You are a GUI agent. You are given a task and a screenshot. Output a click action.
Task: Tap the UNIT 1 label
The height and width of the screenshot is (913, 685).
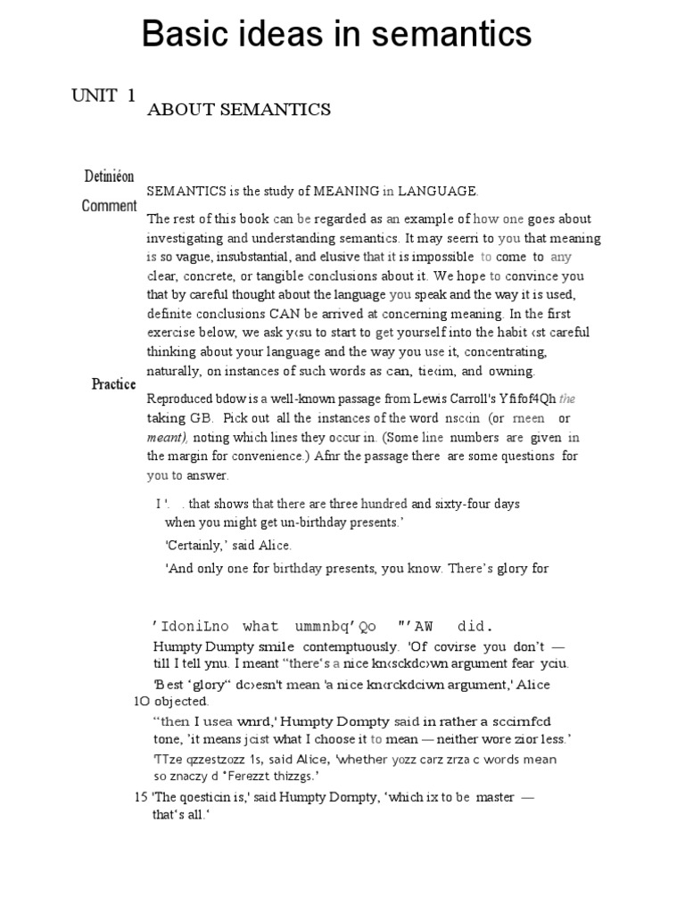[x=103, y=95]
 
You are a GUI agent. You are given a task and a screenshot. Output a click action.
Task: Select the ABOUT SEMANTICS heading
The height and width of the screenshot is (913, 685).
[x=238, y=110]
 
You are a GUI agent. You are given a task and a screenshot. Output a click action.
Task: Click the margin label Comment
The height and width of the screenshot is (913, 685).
[x=109, y=206]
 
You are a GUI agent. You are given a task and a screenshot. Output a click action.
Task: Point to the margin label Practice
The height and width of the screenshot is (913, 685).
[x=113, y=384]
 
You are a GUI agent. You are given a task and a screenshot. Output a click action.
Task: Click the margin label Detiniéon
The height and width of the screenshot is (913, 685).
[x=110, y=177]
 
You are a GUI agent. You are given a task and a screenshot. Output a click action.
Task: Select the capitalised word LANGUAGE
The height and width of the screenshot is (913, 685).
[x=437, y=191]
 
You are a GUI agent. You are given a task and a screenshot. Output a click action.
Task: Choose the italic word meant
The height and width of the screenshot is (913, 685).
[x=167, y=437]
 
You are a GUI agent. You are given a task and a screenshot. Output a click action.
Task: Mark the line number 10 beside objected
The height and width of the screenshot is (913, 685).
[x=142, y=702]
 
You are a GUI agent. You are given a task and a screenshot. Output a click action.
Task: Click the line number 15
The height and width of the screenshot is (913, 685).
[x=141, y=797]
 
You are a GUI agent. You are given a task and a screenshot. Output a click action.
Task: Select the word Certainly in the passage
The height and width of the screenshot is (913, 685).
[x=196, y=545]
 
